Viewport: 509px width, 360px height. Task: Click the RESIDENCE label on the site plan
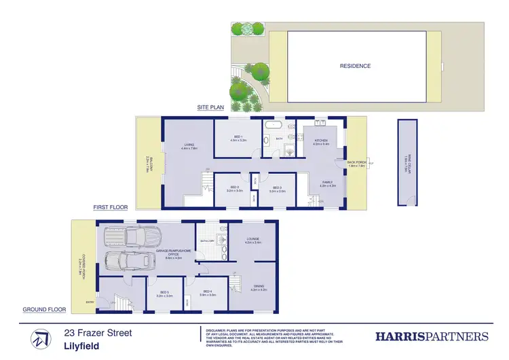[x=355, y=66]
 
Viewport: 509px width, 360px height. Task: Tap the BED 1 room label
[x=238, y=138]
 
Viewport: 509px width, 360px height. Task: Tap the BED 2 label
[x=234, y=190]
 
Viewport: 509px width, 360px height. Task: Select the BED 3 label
[x=276, y=190]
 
